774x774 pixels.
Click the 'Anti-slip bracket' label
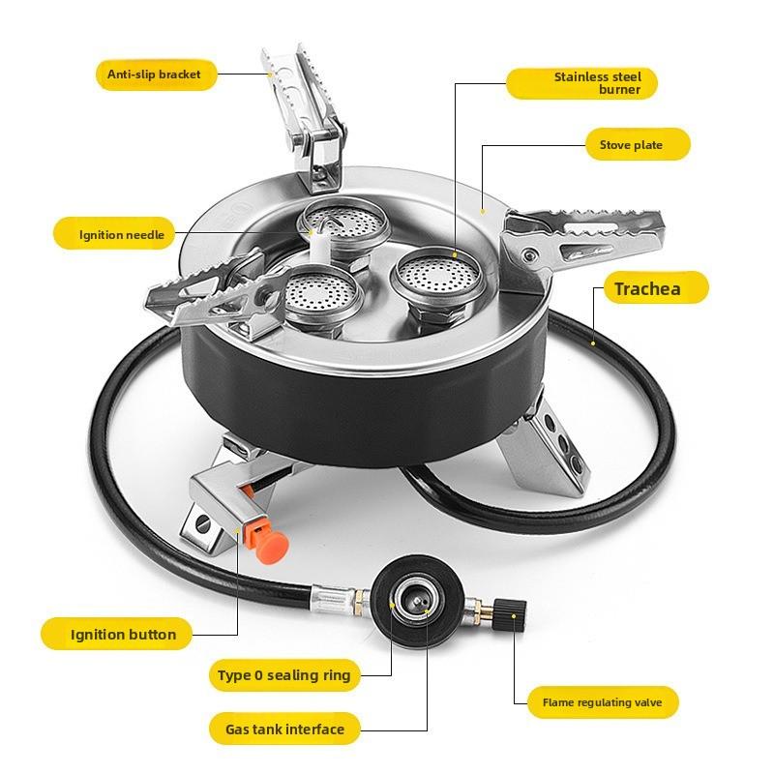coord(155,74)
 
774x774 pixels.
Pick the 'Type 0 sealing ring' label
coord(283,674)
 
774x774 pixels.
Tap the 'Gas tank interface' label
coord(284,729)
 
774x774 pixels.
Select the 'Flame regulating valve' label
coord(603,702)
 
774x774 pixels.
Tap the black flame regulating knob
coord(510,615)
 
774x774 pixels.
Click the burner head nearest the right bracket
coord(436,278)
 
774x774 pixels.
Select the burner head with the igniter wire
coord(343,224)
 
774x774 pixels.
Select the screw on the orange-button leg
coord(203,524)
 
